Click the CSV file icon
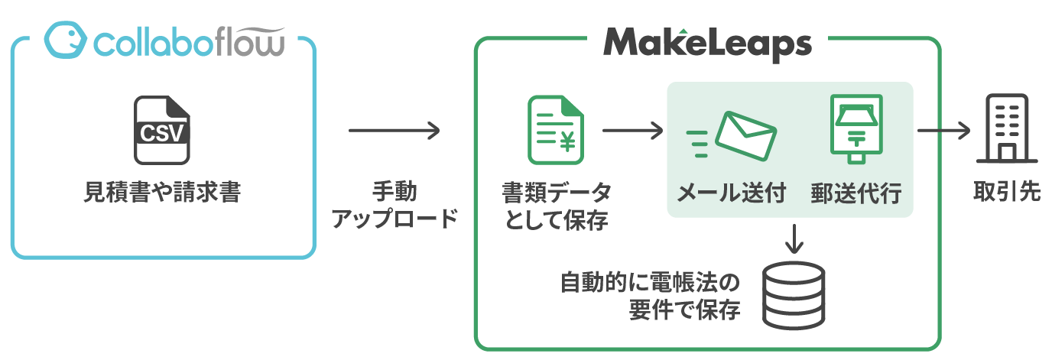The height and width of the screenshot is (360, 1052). pyautogui.click(x=161, y=130)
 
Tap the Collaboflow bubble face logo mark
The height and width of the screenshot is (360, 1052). pyautogui.click(x=65, y=40)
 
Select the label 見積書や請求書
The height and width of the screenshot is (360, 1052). pyautogui.click(x=162, y=193)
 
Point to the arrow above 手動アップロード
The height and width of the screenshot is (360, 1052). pyautogui.click(x=394, y=131)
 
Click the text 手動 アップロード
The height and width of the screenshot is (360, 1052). pyautogui.click(x=394, y=206)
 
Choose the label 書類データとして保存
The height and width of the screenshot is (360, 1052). pyautogui.click(x=556, y=206)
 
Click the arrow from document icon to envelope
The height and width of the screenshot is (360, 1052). pyautogui.click(x=632, y=131)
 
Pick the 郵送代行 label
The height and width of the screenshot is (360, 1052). pyautogui.click(x=856, y=193)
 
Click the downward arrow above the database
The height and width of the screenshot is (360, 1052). pyautogui.click(x=794, y=238)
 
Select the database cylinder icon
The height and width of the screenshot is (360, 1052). pyautogui.click(x=795, y=296)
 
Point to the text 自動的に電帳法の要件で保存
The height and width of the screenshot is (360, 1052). pyautogui.click(x=650, y=297)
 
